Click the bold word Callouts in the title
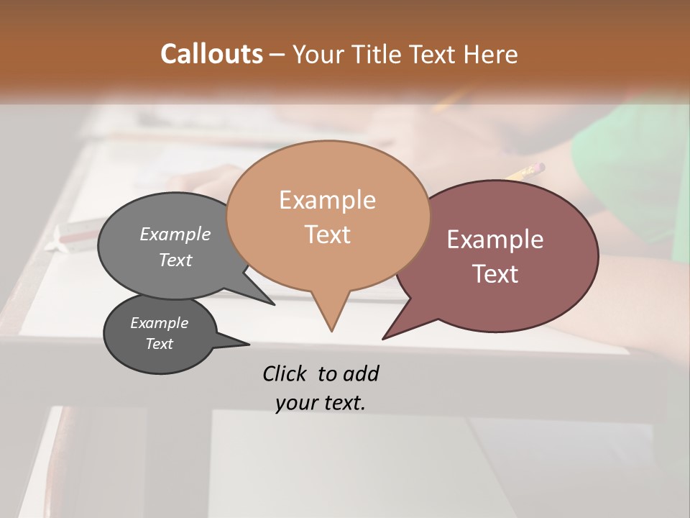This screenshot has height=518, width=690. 211,54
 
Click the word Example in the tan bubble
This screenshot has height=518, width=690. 327,200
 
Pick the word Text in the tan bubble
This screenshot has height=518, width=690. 327,235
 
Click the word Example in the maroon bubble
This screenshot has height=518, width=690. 495,240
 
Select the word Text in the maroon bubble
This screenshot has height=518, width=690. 495,274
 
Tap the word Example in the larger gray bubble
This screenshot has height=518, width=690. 175,234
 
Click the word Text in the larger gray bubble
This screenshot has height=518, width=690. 175,260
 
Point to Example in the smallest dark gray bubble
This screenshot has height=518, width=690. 159,323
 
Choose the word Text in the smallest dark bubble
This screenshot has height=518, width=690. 159,344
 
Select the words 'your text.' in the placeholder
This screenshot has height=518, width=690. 321,403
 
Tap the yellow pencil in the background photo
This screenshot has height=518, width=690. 525,172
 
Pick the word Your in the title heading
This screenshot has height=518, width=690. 318,54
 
